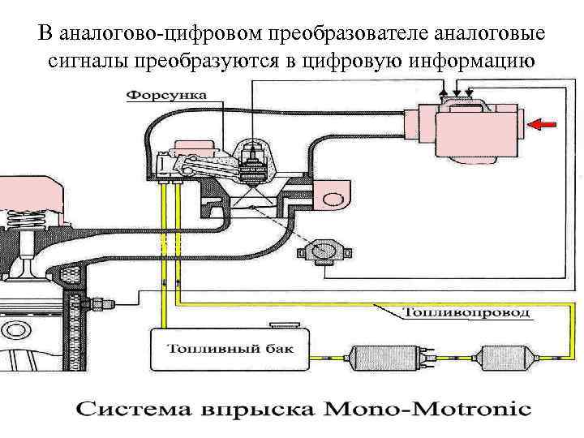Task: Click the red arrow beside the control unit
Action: pyautogui.click(x=543, y=123)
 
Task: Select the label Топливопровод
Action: pyautogui.click(x=467, y=311)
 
